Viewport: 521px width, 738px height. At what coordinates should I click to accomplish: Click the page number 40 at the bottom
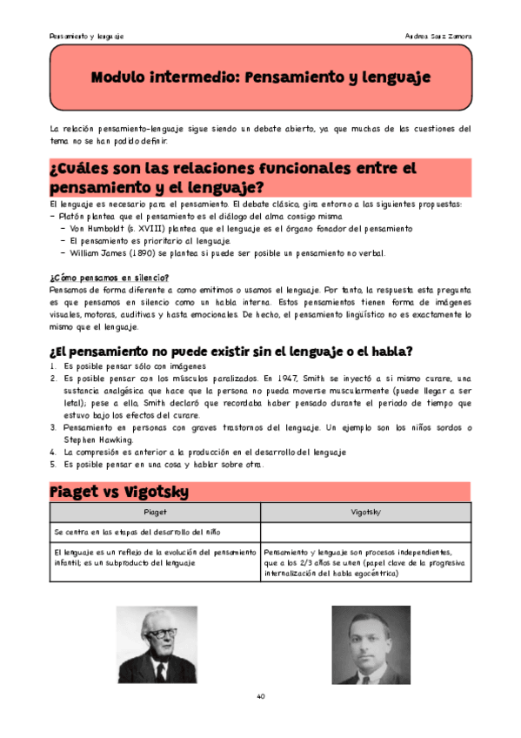pyautogui.click(x=261, y=696)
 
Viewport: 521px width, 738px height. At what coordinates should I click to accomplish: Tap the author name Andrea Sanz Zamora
pyautogui.click(x=438, y=37)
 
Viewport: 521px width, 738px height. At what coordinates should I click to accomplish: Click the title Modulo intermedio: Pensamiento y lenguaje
pyautogui.click(x=261, y=77)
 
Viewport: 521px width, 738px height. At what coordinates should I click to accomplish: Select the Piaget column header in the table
pyautogui.click(x=155, y=513)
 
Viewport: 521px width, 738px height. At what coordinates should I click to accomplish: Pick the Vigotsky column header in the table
pyautogui.click(x=364, y=513)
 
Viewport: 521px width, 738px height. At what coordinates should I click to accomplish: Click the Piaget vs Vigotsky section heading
pyautogui.click(x=119, y=492)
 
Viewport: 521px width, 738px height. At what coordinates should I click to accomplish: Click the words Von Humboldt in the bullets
pyautogui.click(x=97, y=227)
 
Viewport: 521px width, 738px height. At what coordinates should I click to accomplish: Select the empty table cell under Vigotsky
pyautogui.click(x=364, y=531)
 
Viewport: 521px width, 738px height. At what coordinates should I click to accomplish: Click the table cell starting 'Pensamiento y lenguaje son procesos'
pyautogui.click(x=364, y=562)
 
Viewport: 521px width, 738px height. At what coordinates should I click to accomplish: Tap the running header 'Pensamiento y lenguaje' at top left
pyautogui.click(x=86, y=37)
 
